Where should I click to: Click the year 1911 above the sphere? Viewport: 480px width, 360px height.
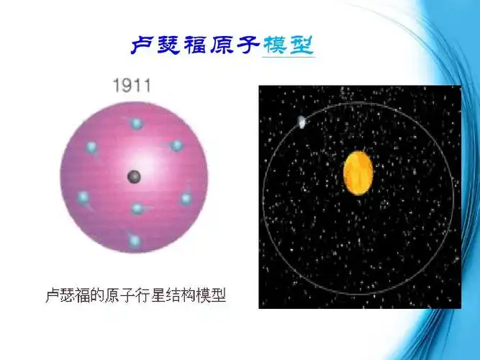132,86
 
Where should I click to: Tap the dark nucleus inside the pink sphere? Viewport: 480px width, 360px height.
134,176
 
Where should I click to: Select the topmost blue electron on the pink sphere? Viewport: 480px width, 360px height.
136,124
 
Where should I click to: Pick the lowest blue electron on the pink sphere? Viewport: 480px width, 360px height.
134,240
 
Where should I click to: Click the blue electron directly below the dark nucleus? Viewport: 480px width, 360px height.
137,209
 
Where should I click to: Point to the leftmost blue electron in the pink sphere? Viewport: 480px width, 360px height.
83,197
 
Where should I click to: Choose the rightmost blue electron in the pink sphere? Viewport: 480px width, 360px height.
186,198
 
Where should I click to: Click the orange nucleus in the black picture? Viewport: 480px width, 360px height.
358,174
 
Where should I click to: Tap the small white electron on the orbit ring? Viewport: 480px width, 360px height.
302,122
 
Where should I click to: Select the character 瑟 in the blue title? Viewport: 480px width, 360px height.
168,45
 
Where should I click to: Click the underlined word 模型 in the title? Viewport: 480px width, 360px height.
288,45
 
